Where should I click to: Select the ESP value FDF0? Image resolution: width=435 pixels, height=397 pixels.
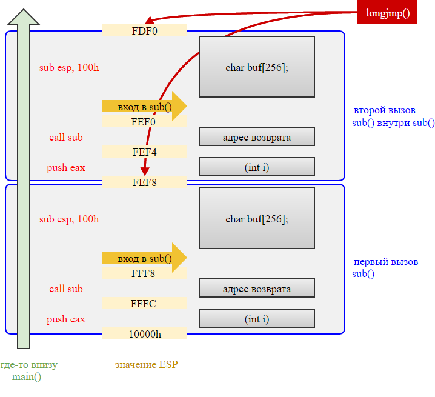click(144, 30)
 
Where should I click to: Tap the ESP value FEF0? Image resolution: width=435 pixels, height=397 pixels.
click(144, 122)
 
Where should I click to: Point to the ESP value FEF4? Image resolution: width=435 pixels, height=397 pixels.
click(144, 152)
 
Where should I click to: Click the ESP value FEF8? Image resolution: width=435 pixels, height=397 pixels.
click(144, 182)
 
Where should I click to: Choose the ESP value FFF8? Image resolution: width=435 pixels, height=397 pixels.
click(144, 273)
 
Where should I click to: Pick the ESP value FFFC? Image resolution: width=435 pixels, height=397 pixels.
click(144, 304)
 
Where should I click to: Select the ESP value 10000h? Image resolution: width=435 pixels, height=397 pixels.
click(144, 334)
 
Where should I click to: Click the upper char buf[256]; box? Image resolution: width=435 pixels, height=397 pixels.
click(256, 67)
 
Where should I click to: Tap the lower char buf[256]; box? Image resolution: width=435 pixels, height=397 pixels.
click(256, 218)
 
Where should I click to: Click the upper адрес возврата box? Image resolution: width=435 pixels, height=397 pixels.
click(256, 137)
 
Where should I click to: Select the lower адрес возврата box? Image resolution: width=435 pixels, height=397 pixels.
click(256, 289)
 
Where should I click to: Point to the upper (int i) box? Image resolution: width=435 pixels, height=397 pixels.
click(256, 167)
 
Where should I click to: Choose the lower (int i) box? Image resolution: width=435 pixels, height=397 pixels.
click(256, 318)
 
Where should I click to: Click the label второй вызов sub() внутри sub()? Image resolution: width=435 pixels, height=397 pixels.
click(393, 117)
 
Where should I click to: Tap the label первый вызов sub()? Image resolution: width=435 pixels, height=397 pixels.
click(385, 268)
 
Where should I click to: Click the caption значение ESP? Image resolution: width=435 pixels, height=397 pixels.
click(147, 365)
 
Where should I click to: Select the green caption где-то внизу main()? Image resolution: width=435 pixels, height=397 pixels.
click(28, 371)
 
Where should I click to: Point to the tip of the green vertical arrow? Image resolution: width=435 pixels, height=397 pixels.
click(23, 11)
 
